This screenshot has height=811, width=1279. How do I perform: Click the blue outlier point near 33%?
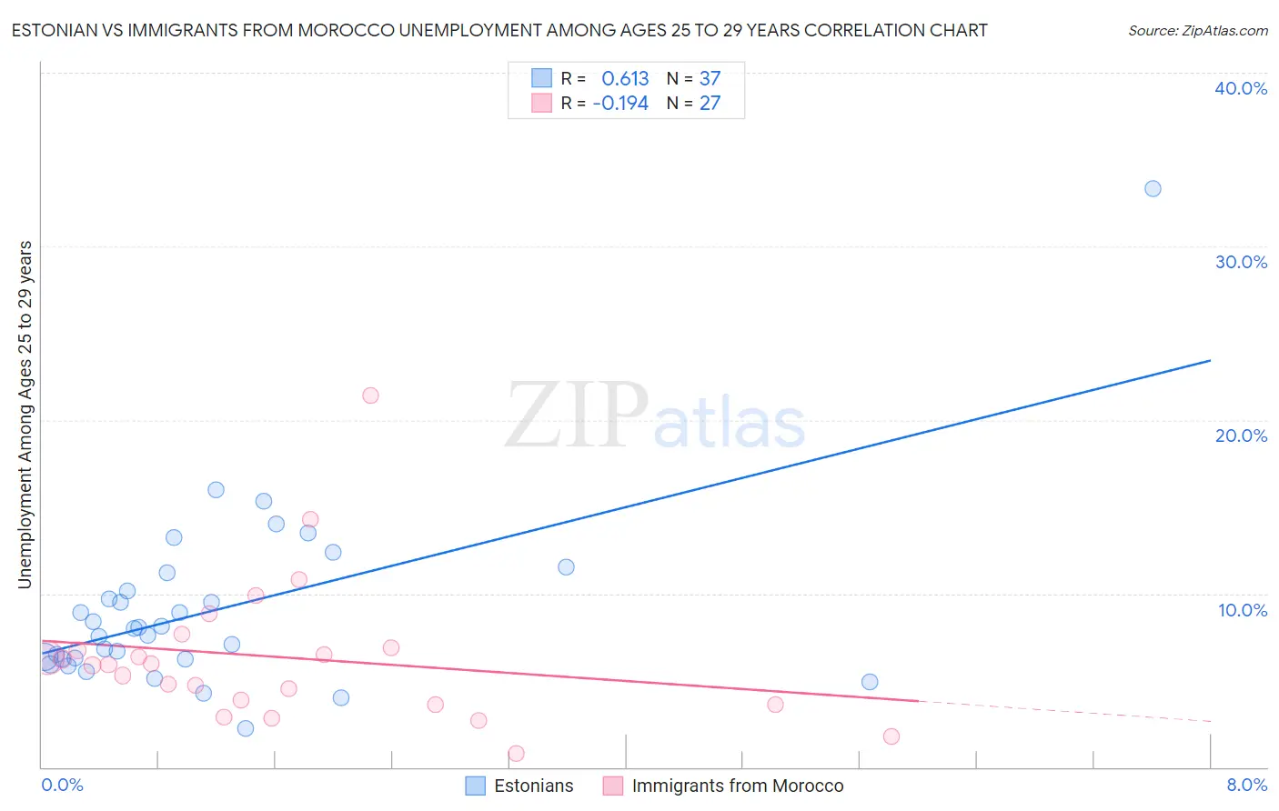1153,189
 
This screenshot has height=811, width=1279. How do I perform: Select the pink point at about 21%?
370,395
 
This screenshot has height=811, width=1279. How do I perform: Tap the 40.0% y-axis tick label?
1241,88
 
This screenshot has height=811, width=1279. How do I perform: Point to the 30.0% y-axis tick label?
1241,262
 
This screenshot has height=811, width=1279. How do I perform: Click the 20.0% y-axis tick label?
1241,436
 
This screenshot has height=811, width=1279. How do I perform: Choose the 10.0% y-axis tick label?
1243,610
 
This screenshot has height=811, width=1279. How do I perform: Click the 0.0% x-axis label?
62,785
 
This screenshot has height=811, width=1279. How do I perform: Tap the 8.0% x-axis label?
1246,785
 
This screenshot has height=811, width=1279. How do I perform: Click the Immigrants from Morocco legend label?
737,786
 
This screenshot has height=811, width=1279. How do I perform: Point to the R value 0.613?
625,78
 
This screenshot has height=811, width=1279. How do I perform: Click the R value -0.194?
620,104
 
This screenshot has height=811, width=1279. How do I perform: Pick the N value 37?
710,78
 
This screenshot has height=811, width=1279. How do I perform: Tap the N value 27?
710,104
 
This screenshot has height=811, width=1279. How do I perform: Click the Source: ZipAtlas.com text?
1197,31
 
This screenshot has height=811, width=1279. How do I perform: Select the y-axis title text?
25,415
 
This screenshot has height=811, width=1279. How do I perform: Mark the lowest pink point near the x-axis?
516,753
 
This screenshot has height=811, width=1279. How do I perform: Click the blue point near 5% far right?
870,682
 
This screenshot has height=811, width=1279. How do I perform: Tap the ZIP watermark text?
577,416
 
